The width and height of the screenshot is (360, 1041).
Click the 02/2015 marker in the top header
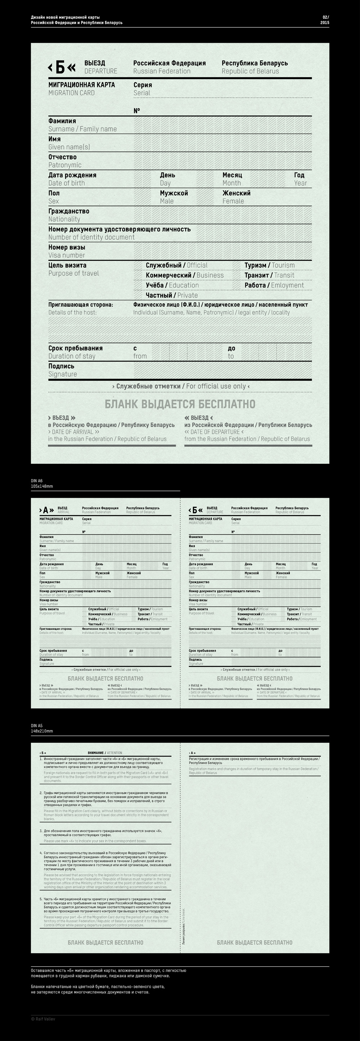click(325, 20)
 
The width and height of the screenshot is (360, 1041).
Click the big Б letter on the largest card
click(60, 67)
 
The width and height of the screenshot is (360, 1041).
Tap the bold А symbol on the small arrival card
click(46, 510)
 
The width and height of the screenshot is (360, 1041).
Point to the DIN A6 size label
click(42, 484)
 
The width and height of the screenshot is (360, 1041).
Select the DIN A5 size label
click(42, 729)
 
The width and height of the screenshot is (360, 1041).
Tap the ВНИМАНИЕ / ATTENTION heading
click(105, 753)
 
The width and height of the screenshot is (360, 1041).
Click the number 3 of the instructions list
click(41, 831)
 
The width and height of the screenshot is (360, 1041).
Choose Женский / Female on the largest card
click(237, 197)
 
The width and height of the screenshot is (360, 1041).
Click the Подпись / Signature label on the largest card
click(63, 370)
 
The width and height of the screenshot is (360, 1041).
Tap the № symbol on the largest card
click(137, 111)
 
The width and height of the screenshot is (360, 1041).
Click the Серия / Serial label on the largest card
click(143, 89)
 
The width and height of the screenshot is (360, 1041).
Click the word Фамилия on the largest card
click(62, 121)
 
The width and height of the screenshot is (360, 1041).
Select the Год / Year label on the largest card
click(300, 179)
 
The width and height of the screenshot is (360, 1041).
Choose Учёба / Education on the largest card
click(172, 285)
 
